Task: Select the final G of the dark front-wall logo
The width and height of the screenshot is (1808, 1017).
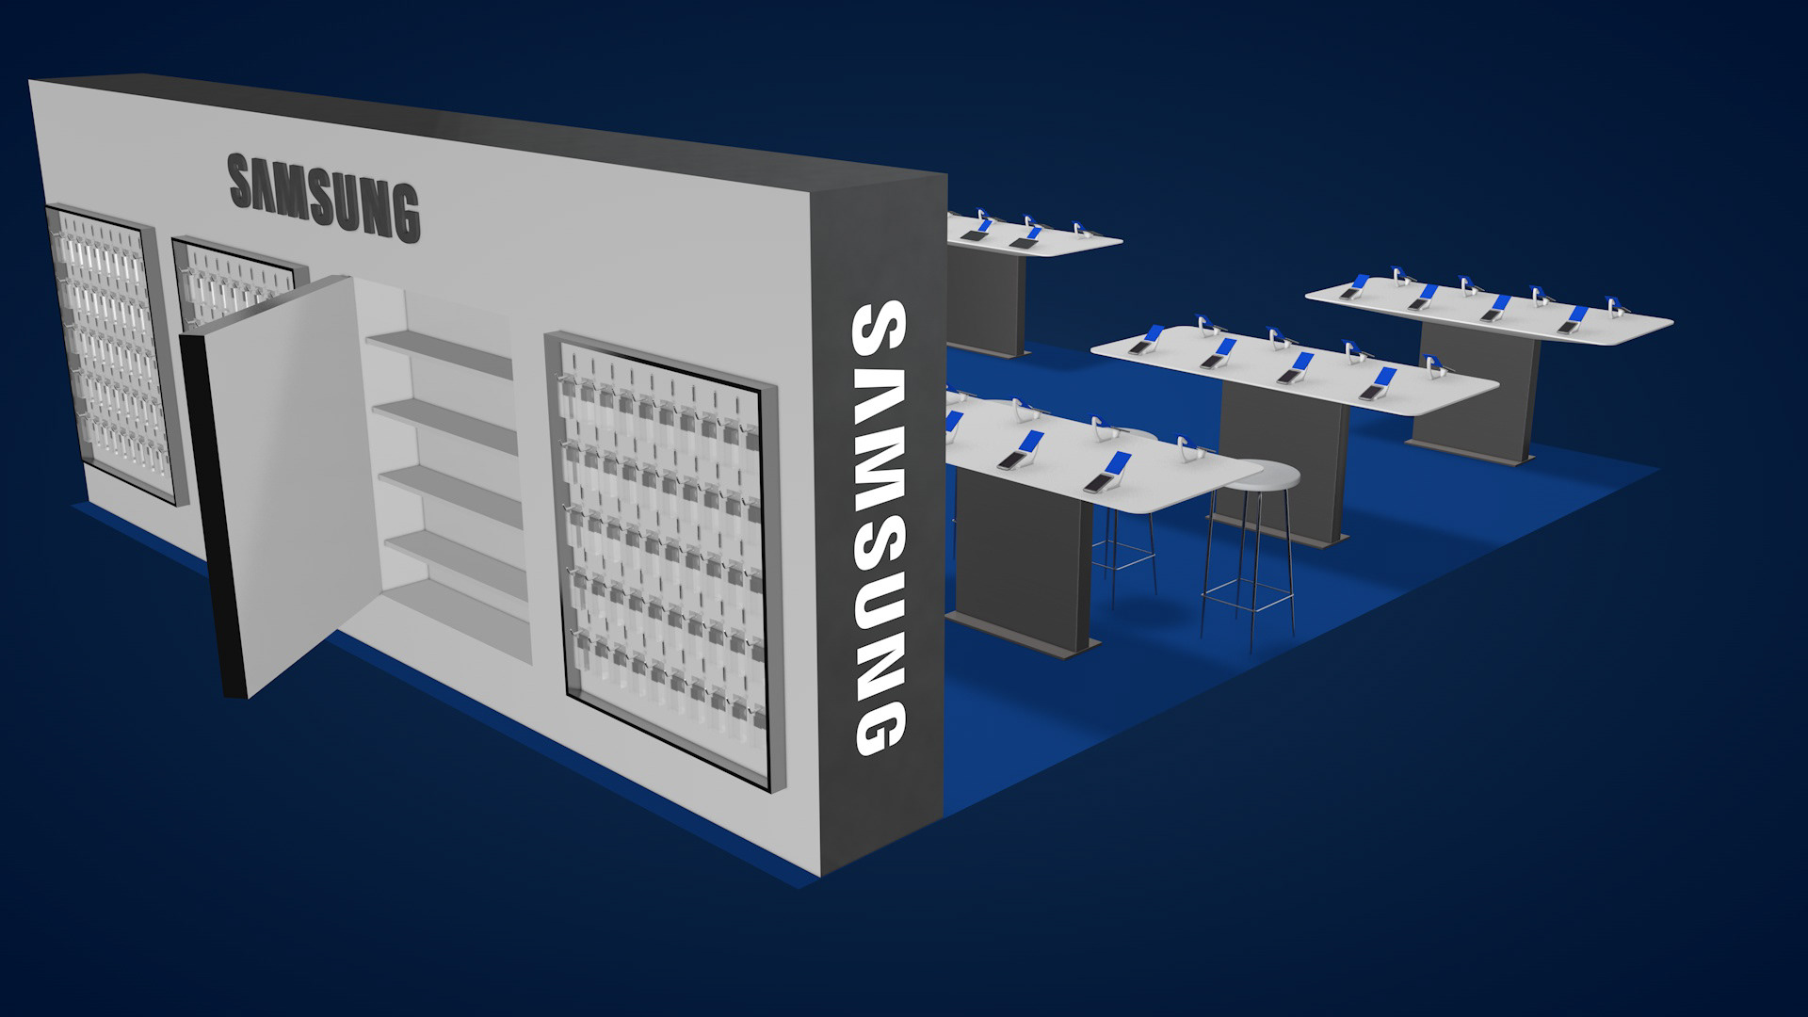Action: coord(401,214)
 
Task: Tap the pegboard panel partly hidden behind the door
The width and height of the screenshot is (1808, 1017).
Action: coord(235,273)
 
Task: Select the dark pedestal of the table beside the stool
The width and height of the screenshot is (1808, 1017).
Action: coord(1022,556)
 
